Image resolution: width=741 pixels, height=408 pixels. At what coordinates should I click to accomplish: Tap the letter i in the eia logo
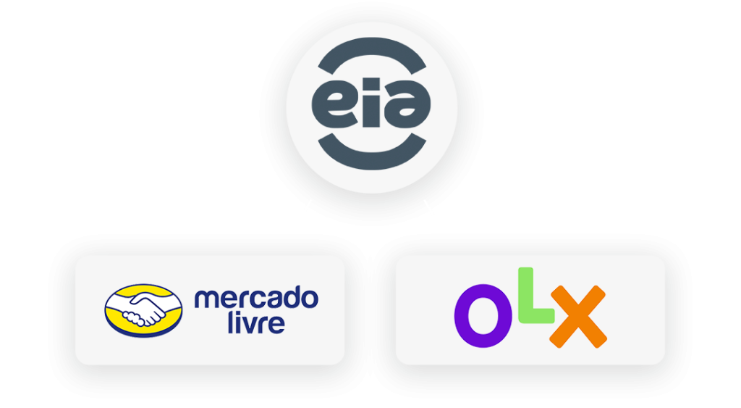coord(373,101)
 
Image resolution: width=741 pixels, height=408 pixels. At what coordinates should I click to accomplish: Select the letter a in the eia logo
coord(410,105)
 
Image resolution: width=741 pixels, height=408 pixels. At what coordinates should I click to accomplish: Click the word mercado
coord(256,297)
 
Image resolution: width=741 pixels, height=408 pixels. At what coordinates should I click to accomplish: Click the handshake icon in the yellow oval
coord(144,310)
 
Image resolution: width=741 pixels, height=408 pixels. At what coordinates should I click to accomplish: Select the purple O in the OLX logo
coord(482,316)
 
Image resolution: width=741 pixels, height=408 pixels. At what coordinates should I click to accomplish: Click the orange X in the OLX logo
coord(578,316)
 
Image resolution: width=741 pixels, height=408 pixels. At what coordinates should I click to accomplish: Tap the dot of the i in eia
coord(373,83)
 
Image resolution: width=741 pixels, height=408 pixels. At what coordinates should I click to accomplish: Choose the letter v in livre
coord(250,325)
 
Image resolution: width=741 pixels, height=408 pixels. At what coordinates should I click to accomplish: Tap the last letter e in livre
coord(276,325)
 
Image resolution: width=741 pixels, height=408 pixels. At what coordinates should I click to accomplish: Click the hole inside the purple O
coord(483,316)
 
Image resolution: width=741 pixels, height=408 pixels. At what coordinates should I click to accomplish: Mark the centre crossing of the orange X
coord(578,316)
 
